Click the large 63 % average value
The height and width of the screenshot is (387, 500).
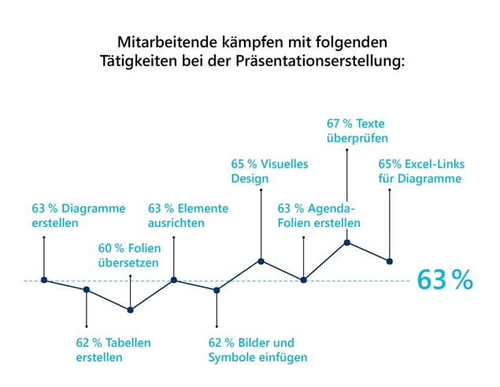[445, 280]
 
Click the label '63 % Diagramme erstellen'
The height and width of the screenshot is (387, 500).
[78, 215]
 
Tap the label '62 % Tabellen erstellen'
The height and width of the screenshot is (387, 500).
[113, 350]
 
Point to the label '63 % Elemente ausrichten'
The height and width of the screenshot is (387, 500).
[188, 215]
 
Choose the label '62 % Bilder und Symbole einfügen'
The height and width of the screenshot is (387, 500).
[257, 350]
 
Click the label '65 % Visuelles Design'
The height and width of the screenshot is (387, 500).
[269, 171]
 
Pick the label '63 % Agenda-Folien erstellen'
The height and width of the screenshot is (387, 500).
[319, 215]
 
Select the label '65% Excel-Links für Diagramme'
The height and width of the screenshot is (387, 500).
[421, 171]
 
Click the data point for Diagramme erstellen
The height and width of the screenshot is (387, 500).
[44, 280]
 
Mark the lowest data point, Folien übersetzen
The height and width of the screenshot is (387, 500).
[131, 310]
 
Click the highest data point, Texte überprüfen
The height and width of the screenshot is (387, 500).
[346, 242]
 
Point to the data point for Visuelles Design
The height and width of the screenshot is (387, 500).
[260, 261]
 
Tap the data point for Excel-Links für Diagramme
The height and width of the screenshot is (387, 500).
[390, 261]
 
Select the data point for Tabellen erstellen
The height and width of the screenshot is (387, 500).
[87, 290]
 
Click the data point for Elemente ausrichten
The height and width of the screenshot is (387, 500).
[174, 280]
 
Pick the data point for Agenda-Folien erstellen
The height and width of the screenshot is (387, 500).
[303, 280]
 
